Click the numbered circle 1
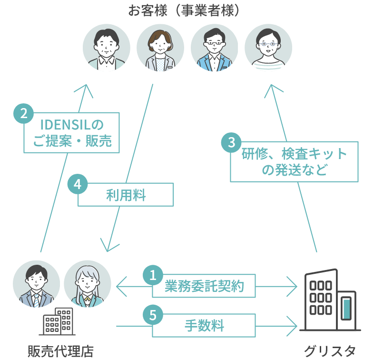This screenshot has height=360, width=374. pos(153,275)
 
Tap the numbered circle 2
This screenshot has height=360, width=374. pos(23,114)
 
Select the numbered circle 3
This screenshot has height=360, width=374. pos(231,142)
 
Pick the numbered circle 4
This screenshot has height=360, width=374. pos(78,184)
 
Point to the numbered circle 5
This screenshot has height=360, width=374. pos(153,315)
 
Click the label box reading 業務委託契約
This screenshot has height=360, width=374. pos(204,287)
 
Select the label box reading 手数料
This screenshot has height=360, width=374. pos(204,327)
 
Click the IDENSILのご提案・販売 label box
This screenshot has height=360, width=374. pos(71,133)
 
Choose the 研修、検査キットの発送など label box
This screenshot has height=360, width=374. pos(294,161)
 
